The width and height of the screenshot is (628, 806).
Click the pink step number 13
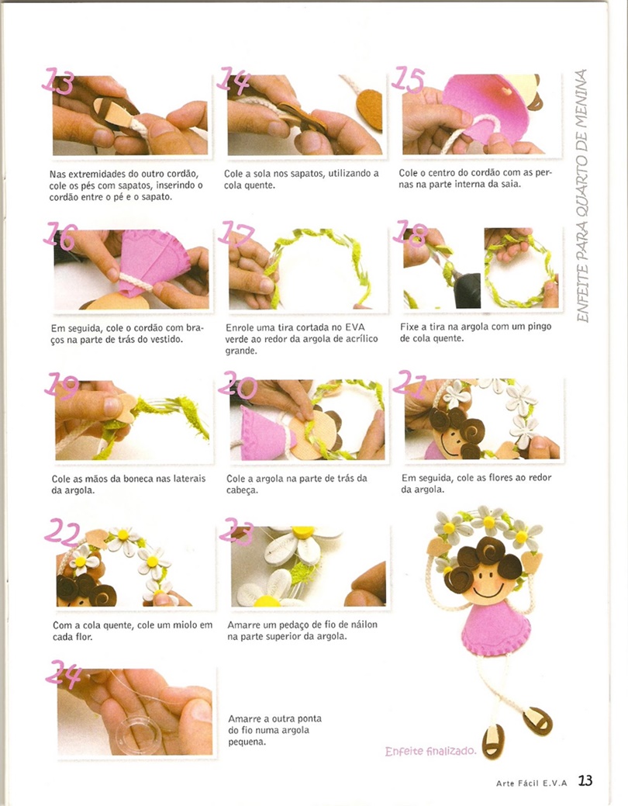(x=57, y=81)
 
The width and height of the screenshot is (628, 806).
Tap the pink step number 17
(x=236, y=233)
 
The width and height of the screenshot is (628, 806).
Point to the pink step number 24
(x=64, y=674)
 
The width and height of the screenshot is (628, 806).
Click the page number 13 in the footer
(x=585, y=780)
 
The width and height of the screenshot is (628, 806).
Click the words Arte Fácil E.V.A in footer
(x=531, y=783)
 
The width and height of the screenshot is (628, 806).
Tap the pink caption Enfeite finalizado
(x=430, y=751)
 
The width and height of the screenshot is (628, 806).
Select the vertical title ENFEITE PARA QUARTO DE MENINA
(x=581, y=195)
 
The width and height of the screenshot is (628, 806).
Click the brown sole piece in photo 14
(x=370, y=109)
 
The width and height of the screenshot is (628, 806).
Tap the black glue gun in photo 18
(x=466, y=289)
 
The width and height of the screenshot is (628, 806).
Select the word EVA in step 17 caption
(x=354, y=327)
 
